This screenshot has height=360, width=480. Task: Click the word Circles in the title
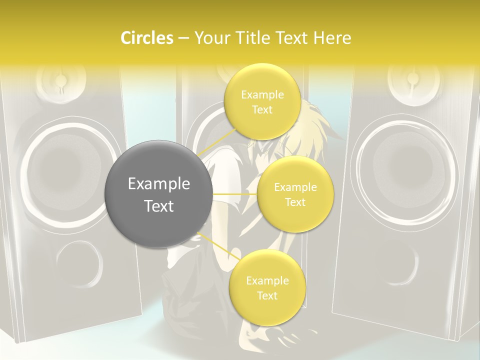coord(146,38)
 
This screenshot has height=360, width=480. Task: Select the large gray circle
coord(159,194)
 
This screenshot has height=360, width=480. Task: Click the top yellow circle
coord(262,102)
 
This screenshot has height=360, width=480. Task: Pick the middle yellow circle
coord(295,194)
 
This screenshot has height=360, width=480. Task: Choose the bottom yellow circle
coord(267,288)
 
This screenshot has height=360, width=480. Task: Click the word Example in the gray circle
coord(159,184)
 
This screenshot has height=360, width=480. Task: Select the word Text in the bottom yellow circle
coord(267,295)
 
